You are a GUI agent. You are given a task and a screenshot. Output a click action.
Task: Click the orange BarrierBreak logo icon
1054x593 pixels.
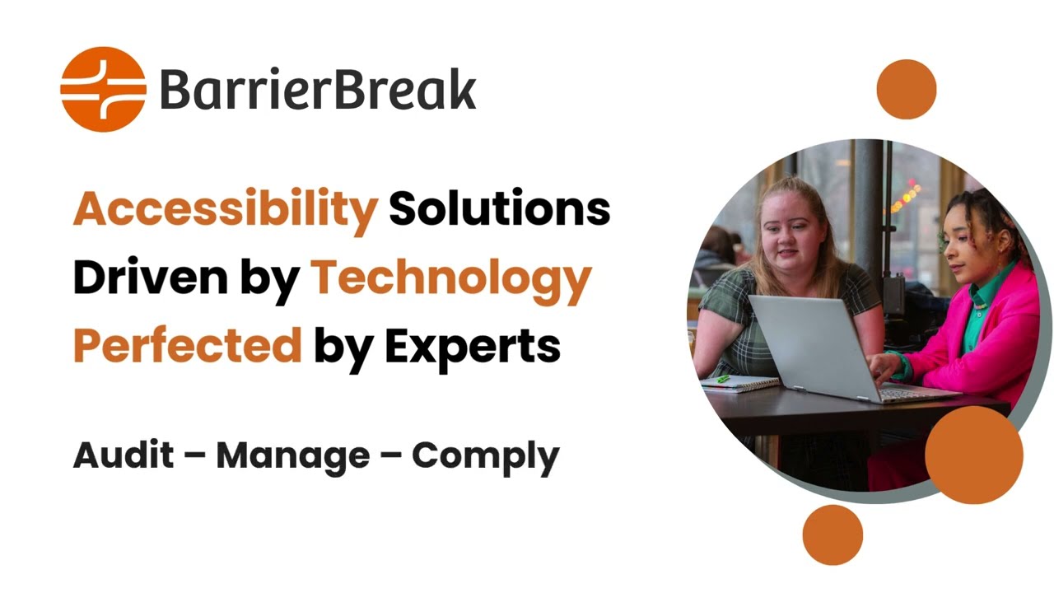point(103,89)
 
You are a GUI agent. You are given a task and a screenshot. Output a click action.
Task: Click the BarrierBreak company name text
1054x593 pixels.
point(317,90)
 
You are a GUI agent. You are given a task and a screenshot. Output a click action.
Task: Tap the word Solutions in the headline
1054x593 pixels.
point(499,208)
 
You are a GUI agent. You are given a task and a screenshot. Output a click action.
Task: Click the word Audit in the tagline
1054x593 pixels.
point(124,455)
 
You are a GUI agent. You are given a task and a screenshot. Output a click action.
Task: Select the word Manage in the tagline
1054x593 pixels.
point(292,455)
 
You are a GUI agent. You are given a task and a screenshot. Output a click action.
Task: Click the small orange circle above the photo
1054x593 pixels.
point(906,89)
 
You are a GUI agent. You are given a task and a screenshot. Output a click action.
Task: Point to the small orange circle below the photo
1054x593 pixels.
point(832,535)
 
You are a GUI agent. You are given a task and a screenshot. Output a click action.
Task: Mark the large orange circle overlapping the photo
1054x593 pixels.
point(973,455)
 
